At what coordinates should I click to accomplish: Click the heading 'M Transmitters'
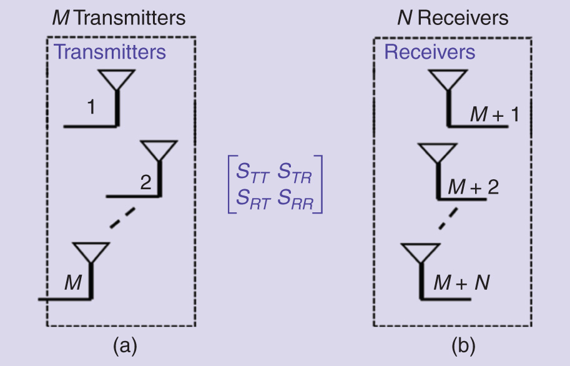click(118, 17)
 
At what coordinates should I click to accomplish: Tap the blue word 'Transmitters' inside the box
click(110, 51)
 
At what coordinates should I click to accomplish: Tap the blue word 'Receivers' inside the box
click(430, 51)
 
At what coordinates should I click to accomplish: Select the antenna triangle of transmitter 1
click(117, 79)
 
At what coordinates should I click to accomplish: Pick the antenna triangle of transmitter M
click(91, 251)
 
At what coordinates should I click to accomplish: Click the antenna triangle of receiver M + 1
click(448, 79)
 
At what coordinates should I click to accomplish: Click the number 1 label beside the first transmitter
click(91, 107)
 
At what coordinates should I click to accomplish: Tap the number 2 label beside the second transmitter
click(145, 182)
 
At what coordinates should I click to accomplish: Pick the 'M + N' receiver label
click(463, 283)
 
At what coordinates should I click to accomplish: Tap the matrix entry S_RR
click(296, 201)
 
